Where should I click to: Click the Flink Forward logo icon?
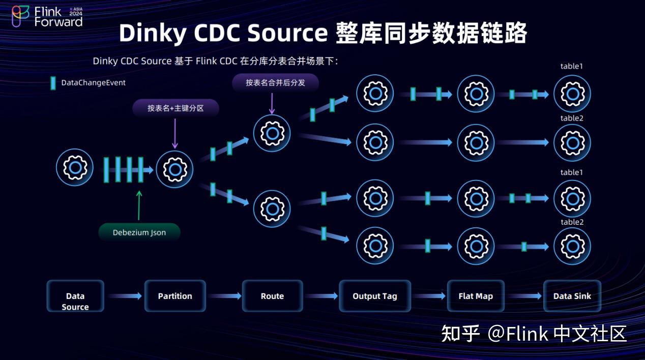click(20, 16)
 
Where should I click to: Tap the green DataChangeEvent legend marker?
click(53, 83)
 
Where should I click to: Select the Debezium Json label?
click(139, 232)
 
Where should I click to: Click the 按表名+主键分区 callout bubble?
click(175, 108)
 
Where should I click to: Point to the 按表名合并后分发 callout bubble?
click(275, 82)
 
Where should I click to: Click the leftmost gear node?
click(75, 167)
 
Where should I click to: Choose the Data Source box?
click(75, 296)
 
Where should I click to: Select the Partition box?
click(175, 296)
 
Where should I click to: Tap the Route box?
click(272, 296)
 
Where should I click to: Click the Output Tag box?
click(375, 296)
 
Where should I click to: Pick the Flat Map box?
click(476, 296)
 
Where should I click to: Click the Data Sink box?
click(572, 296)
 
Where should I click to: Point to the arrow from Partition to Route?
click(224, 296)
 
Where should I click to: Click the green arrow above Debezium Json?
click(139, 205)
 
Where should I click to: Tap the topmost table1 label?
click(572, 66)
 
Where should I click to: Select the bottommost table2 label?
click(572, 222)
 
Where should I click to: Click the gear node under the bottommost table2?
click(572, 246)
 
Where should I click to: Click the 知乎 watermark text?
click(460, 334)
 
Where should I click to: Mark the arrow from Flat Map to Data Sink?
click(524, 296)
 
